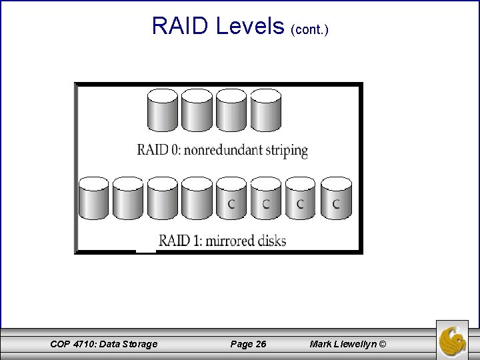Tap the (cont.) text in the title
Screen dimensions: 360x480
(x=310, y=30)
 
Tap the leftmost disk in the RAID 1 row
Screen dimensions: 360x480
(x=93, y=199)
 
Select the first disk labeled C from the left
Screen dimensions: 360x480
(x=231, y=199)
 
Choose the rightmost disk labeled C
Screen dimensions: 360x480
(x=335, y=199)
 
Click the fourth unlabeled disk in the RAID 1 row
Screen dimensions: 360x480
(x=197, y=199)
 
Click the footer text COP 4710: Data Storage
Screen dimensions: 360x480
(x=104, y=344)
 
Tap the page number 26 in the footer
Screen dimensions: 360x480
(x=260, y=344)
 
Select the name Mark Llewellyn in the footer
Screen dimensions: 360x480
(x=342, y=344)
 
